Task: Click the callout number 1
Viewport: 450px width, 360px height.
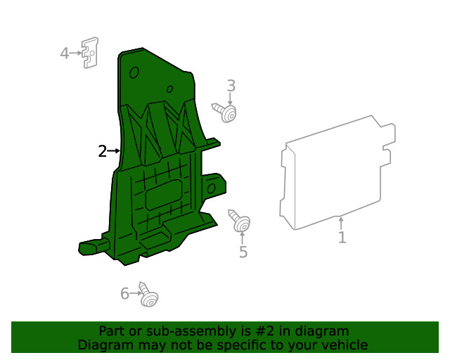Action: (342, 238)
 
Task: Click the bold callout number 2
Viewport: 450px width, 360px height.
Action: (102, 151)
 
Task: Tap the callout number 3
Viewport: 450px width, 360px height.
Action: (231, 86)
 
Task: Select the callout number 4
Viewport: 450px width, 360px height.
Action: (64, 53)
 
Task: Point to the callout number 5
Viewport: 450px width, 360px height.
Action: (243, 252)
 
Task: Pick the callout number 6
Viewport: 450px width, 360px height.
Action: (124, 294)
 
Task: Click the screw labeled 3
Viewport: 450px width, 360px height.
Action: (225, 111)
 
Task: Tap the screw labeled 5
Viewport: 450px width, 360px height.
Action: (239, 221)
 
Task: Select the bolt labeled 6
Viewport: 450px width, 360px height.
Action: (147, 295)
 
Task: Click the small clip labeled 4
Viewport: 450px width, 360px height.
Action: (89, 53)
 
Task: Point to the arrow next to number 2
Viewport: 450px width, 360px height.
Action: (114, 150)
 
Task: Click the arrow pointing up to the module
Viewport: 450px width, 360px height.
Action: (342, 224)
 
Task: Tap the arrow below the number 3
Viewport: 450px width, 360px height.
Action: (231, 99)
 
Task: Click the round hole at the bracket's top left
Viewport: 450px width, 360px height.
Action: (134, 72)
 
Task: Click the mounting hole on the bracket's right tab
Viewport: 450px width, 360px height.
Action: (212, 188)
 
